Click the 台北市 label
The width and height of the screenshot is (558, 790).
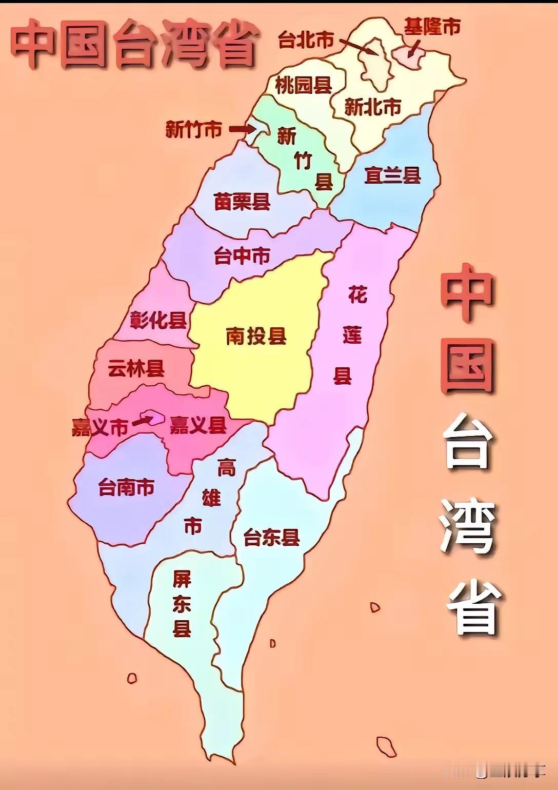(x=306, y=39)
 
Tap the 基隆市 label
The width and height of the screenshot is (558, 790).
(x=432, y=27)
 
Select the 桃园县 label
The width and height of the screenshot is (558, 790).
(x=303, y=85)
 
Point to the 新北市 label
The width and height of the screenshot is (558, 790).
(x=372, y=107)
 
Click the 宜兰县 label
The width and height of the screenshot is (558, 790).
(x=392, y=175)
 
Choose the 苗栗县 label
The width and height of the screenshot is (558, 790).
(x=242, y=202)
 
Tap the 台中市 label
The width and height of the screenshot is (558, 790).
(x=242, y=256)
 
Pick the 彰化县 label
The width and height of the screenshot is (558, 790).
(x=158, y=320)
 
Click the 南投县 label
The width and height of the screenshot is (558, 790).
(x=256, y=337)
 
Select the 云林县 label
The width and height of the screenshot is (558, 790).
(x=136, y=368)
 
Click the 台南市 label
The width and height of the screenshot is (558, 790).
(x=126, y=487)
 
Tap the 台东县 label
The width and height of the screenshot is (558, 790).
(x=271, y=538)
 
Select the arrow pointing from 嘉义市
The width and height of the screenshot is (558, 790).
(x=142, y=421)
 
